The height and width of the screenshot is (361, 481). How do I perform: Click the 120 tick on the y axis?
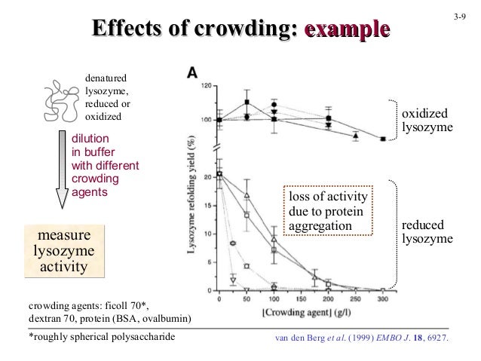(207, 85)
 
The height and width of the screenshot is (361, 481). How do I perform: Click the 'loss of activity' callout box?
(326, 211)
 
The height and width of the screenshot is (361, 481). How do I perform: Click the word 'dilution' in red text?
(90, 139)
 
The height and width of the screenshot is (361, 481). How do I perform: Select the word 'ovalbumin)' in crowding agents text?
(166, 319)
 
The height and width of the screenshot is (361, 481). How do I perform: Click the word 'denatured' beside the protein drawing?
(106, 77)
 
